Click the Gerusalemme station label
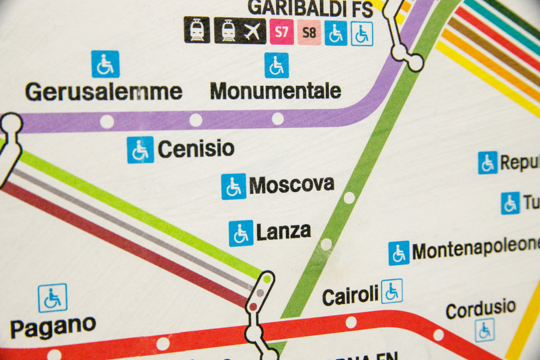point(103,92)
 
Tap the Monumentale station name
point(276,91)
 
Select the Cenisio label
point(196,149)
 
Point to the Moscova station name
point(292,184)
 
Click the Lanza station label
point(283,232)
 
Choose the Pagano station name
point(53,328)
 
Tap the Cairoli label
point(350,296)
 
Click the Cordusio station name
point(481,308)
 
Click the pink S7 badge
point(281,32)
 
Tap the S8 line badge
point(308,32)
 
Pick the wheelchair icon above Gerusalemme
point(105,64)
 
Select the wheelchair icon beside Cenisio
point(140,149)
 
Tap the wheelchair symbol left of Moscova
point(233,187)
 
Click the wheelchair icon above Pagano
point(53,298)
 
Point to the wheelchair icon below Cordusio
point(484,330)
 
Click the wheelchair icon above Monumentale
point(277,65)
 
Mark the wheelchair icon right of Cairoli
point(392,291)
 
